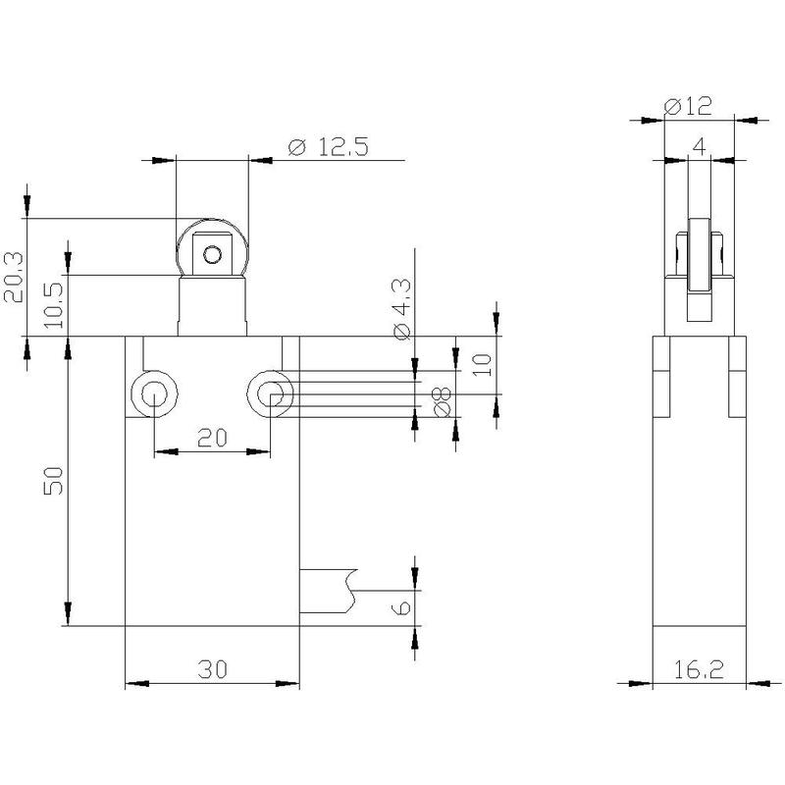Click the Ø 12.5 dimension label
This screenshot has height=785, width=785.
(329, 146)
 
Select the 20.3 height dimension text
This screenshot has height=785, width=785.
(14, 277)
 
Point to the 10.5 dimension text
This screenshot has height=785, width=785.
(54, 305)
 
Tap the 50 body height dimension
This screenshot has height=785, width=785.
(54, 481)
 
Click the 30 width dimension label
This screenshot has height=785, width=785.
(212, 669)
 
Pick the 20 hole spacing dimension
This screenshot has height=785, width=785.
(212, 438)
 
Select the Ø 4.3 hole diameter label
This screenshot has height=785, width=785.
(402, 309)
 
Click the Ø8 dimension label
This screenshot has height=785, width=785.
(443, 402)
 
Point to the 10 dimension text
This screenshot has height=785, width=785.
(482, 364)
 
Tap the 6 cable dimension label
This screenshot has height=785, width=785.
(403, 607)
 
